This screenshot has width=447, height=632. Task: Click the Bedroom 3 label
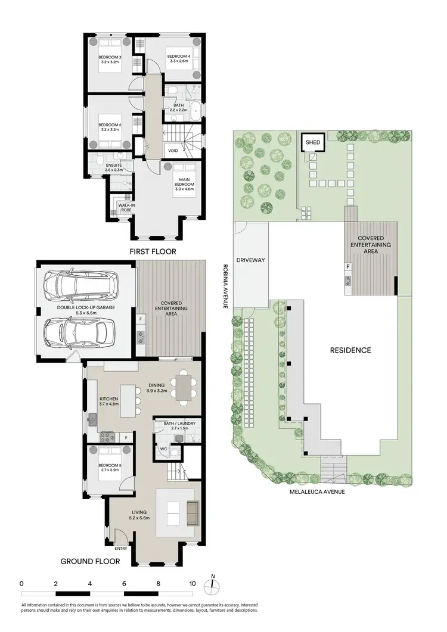click(110, 57)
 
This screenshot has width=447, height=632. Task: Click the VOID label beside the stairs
click(173, 151)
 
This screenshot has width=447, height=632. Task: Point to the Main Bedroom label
click(182, 182)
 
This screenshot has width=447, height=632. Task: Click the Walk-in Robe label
click(125, 207)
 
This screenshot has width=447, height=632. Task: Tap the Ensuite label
click(113, 165)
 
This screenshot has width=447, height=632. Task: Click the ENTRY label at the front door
click(121, 549)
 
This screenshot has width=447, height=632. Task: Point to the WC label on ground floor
click(162, 449)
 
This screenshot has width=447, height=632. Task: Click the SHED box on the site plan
click(313, 142)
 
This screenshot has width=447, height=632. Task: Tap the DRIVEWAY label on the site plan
click(250, 260)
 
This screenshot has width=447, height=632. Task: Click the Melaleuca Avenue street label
click(318, 491)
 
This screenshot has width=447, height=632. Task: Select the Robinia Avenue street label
click(225, 287)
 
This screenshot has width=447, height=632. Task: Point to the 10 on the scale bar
click(193, 584)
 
